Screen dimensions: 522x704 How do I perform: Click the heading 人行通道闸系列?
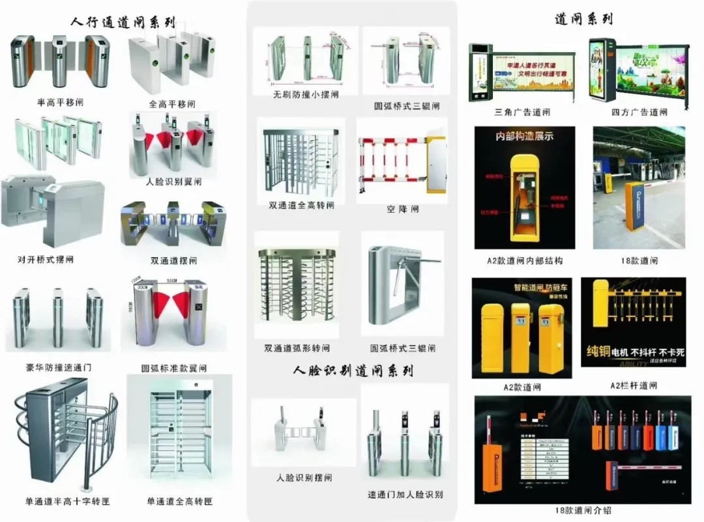(123, 22)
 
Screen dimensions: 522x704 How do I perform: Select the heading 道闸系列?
(583, 19)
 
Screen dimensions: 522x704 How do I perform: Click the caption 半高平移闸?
(60, 103)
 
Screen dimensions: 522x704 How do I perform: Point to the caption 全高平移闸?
(172, 104)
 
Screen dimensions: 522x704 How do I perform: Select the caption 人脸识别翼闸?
(174, 182)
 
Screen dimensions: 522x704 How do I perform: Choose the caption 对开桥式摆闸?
(46, 260)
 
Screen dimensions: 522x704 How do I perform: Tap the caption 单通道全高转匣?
(180, 501)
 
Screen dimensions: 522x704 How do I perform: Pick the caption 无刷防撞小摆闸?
(306, 94)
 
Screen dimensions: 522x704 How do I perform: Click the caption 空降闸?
(402, 210)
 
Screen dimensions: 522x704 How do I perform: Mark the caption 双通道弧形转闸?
(297, 348)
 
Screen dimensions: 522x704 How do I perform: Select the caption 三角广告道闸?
(522, 112)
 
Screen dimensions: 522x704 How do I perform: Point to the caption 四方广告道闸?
(639, 112)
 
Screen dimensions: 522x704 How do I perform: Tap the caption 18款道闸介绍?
(583, 511)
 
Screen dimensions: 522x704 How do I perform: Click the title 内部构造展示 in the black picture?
(524, 137)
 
